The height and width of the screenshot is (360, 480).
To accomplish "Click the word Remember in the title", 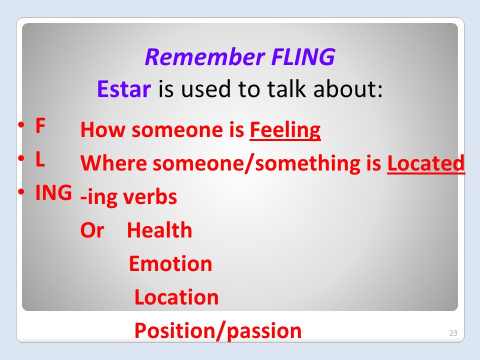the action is click(x=205, y=57).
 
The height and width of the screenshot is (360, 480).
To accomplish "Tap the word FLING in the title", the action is click(x=303, y=57).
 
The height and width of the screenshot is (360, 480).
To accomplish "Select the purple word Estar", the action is click(x=124, y=89).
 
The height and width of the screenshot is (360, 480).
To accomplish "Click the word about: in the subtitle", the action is click(x=348, y=89).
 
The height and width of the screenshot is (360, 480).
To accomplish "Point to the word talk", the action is click(x=286, y=89).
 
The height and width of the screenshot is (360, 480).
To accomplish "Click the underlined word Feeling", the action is click(x=285, y=130).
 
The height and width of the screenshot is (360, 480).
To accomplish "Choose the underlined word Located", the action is click(x=426, y=163).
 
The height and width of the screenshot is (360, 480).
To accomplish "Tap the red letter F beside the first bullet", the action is click(x=40, y=125).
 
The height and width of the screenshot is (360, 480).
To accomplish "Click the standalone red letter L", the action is click(x=40, y=159).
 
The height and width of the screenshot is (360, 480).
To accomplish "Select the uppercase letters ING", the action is click(x=53, y=192).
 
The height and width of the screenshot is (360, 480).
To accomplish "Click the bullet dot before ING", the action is click(x=21, y=192).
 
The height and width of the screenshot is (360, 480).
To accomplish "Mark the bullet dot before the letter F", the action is click(x=21, y=125).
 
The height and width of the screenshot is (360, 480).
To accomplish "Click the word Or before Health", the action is click(x=92, y=230).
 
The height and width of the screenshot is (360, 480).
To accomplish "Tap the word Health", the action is click(x=159, y=230).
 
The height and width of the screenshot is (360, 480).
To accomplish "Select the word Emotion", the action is click(x=170, y=263).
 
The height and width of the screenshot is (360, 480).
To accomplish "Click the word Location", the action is click(x=176, y=297).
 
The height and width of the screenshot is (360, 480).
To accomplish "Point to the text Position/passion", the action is click(x=218, y=331).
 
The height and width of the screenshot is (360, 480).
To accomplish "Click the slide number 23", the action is click(x=453, y=333).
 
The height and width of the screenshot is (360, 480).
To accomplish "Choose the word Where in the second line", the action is click(x=113, y=163).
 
